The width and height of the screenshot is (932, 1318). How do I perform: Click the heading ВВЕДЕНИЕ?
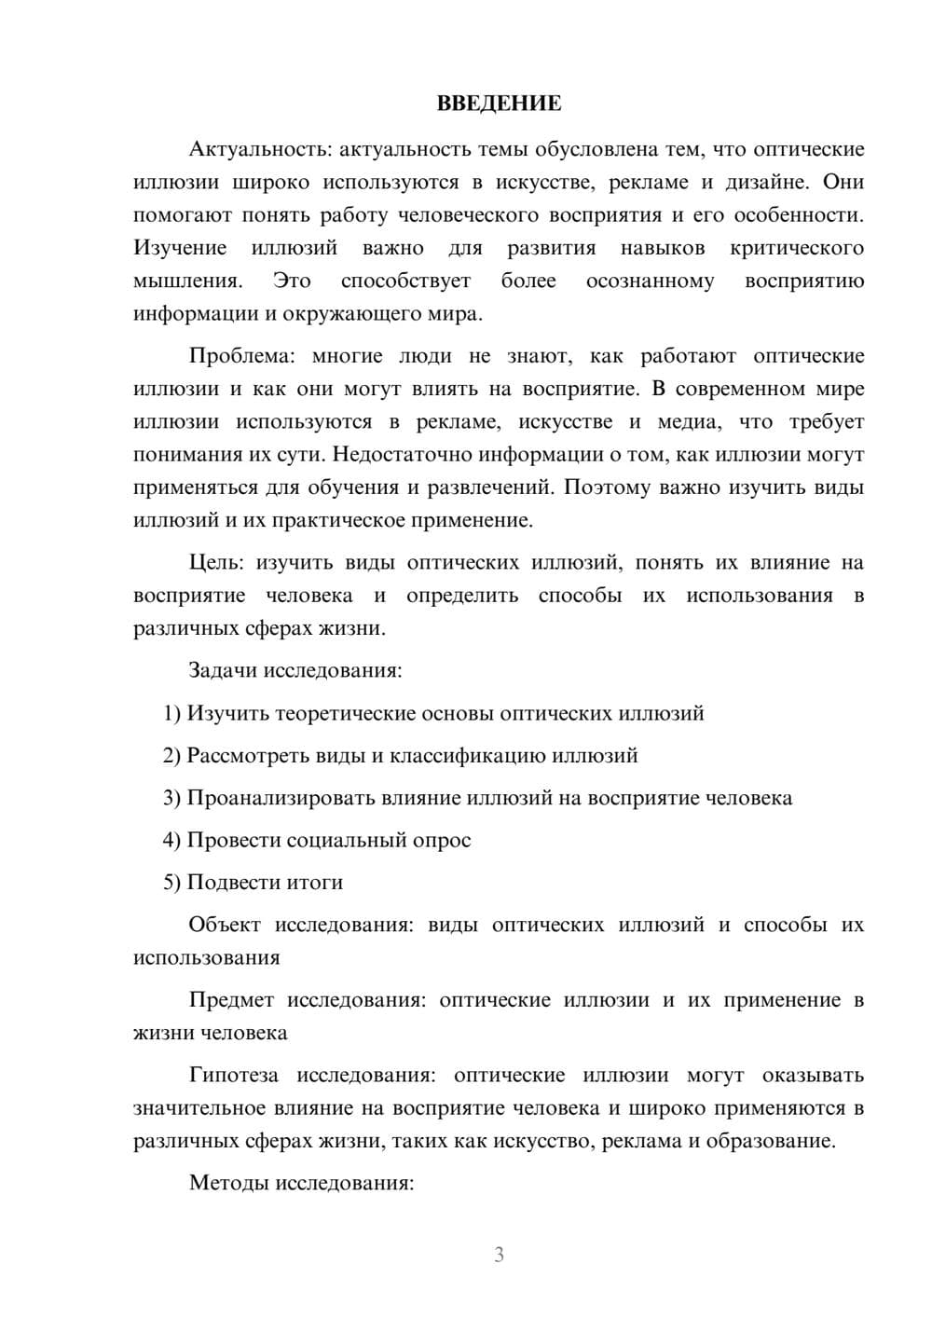tap(499, 103)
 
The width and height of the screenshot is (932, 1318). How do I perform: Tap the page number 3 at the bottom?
tap(499, 1255)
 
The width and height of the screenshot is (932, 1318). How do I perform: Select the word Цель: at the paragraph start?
tap(216, 563)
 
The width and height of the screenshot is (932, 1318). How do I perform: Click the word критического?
tap(797, 248)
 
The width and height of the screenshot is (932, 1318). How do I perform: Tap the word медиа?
tap(689, 422)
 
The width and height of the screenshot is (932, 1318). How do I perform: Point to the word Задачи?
tap(223, 670)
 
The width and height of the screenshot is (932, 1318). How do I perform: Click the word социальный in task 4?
tap(344, 840)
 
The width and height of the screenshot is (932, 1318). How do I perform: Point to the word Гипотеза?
tap(233, 1076)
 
